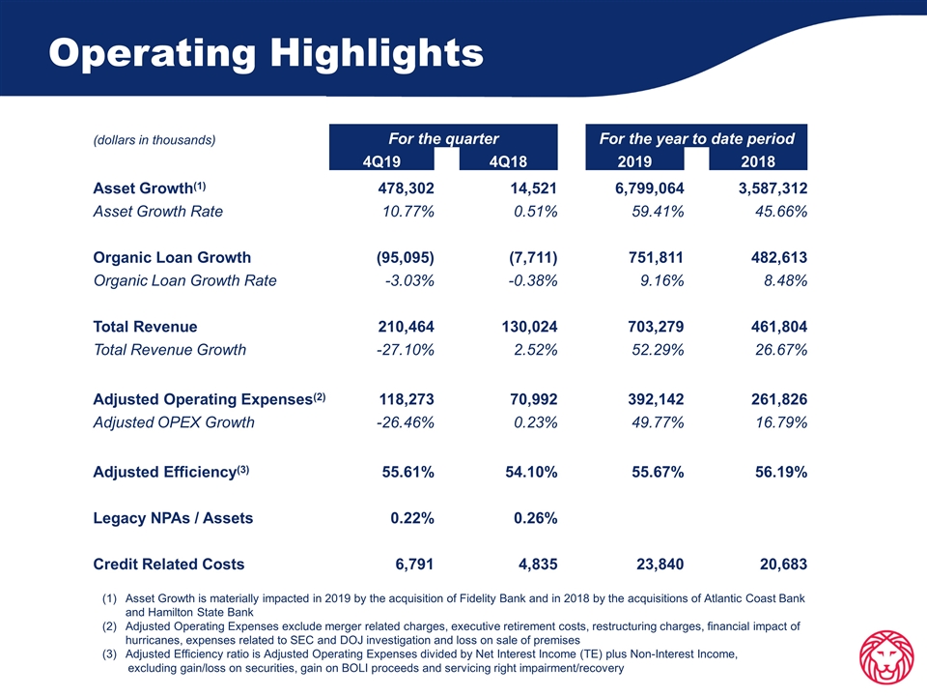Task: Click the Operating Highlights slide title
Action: (267, 54)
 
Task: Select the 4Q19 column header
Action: (381, 161)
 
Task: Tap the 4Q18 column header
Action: (508, 161)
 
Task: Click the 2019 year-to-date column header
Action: (634, 161)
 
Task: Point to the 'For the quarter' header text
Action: (443, 138)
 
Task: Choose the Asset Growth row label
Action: (149, 188)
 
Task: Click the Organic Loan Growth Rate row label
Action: (184, 280)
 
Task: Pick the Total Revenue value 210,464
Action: (406, 327)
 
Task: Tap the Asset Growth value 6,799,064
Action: (649, 188)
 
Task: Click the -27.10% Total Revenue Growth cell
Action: (405, 350)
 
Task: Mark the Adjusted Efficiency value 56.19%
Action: (781, 472)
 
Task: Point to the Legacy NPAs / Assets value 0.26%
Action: (535, 518)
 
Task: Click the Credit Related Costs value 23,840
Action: (660, 564)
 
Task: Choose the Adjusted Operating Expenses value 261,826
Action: (779, 399)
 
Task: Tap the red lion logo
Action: (886, 657)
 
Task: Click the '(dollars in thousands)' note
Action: (154, 140)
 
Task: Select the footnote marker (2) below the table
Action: (109, 626)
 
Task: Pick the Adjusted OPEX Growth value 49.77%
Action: (658, 422)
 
